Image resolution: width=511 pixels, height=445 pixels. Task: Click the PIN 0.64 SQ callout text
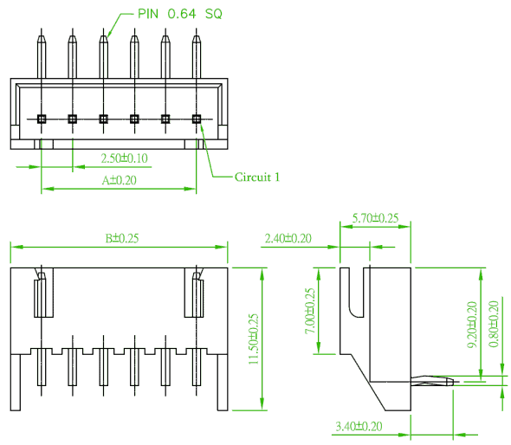[x=180, y=14]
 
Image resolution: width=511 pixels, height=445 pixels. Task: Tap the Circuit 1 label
[x=257, y=177]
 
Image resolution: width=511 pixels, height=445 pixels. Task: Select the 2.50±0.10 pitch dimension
[x=124, y=158]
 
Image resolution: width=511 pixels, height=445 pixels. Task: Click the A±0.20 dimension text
[x=119, y=180]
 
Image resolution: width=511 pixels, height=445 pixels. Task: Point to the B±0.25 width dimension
[x=122, y=238]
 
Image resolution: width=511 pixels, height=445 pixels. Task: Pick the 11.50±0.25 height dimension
[x=254, y=339]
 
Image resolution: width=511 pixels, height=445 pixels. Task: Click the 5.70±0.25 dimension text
[x=375, y=218]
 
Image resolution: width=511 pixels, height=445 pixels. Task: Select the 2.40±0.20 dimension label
[x=288, y=238]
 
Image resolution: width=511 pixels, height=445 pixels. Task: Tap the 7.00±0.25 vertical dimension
[x=310, y=311]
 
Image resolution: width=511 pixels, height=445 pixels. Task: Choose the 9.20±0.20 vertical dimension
[x=472, y=325]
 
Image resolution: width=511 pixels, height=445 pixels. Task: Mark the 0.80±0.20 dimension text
[x=494, y=324]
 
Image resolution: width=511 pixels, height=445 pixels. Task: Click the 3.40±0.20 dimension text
[x=359, y=426]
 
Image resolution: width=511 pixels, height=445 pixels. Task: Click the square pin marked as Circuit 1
[x=197, y=119]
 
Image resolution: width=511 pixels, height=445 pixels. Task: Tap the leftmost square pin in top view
[x=42, y=119]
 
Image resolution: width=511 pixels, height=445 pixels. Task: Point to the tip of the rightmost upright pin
[x=197, y=29]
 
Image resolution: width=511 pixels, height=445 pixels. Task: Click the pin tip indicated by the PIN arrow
[x=103, y=29]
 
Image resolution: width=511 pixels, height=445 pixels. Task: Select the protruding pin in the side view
[x=432, y=380]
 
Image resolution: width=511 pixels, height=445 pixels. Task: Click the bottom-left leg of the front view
[x=16, y=383]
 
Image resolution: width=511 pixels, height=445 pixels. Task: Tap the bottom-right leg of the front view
[x=223, y=383]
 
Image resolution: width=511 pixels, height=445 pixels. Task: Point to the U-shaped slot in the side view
[x=357, y=293]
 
